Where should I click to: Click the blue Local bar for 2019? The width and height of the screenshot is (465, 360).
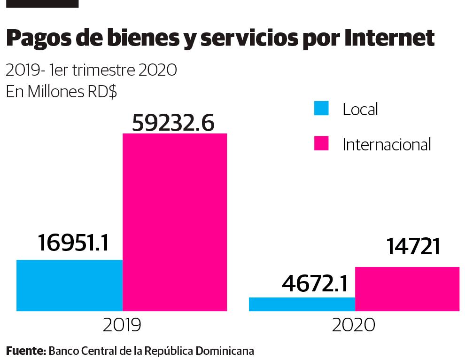(x=70, y=285)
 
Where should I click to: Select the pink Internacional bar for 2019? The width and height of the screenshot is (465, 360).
(x=175, y=222)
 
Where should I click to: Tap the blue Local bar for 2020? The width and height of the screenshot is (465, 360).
(x=302, y=304)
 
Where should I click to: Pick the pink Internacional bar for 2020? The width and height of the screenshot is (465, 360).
(x=407, y=289)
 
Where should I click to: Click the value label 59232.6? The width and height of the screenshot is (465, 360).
(x=173, y=123)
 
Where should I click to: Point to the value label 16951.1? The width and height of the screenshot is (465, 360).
(x=73, y=243)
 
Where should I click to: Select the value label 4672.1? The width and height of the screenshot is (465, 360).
(x=315, y=283)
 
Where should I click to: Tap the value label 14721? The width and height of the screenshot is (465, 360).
(x=413, y=246)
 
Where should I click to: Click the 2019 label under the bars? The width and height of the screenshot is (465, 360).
(x=122, y=325)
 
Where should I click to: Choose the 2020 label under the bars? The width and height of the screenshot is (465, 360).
(x=353, y=325)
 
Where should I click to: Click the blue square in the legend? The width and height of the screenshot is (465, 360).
(x=321, y=109)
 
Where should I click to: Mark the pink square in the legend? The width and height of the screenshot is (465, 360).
(x=321, y=143)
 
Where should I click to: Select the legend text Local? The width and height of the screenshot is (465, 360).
(x=360, y=110)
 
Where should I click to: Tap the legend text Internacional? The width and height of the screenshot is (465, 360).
(x=387, y=144)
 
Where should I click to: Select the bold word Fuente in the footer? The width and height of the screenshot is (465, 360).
(x=25, y=351)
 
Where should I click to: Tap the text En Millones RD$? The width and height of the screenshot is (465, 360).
(x=61, y=92)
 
